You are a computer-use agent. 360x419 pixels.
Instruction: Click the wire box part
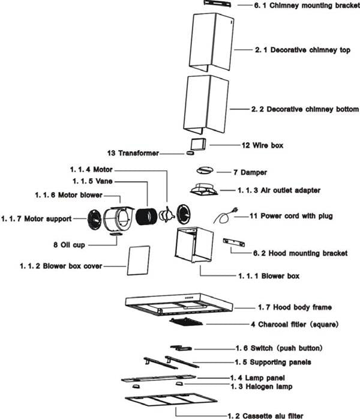point(199,145)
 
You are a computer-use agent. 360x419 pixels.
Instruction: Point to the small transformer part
point(191,152)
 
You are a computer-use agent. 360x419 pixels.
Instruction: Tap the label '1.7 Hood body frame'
point(294,307)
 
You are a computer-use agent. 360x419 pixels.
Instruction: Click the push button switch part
point(181,348)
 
